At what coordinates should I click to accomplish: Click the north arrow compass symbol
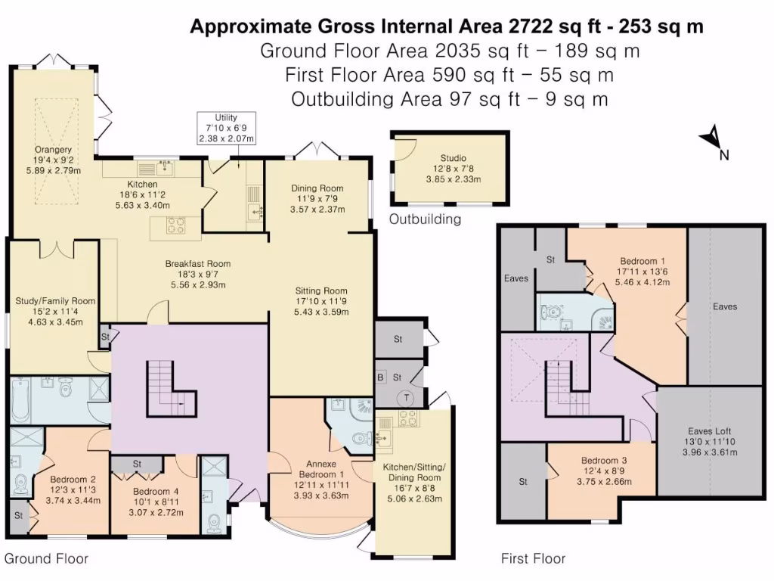point(711,139)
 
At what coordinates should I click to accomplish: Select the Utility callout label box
point(226,129)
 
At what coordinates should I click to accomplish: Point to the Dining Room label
point(317,199)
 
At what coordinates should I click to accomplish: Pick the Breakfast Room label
point(198,275)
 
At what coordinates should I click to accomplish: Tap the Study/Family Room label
point(56,311)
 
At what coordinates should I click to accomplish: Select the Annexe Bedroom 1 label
point(321,480)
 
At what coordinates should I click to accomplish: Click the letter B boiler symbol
point(382,377)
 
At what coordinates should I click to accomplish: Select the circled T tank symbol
point(407,397)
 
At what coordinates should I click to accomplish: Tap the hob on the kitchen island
point(176,225)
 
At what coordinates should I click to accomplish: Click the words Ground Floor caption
point(47,559)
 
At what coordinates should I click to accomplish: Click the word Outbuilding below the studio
point(424,220)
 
